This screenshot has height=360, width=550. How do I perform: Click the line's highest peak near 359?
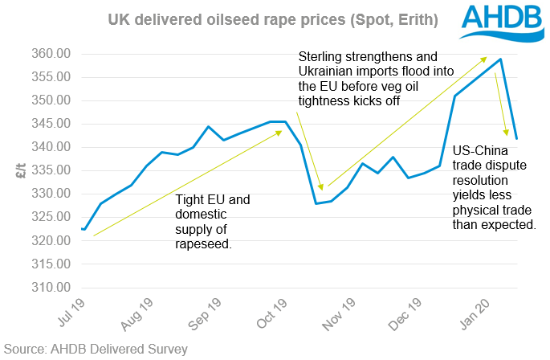(501, 59)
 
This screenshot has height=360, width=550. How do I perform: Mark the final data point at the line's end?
(516, 138)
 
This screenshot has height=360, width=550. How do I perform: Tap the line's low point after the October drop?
(316, 203)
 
